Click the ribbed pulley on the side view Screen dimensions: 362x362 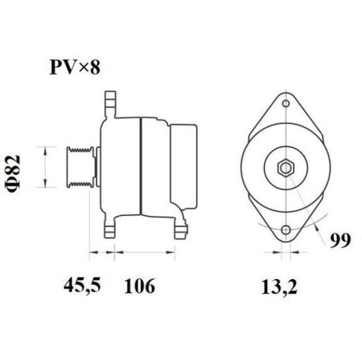80,170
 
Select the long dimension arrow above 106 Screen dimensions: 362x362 143,251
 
